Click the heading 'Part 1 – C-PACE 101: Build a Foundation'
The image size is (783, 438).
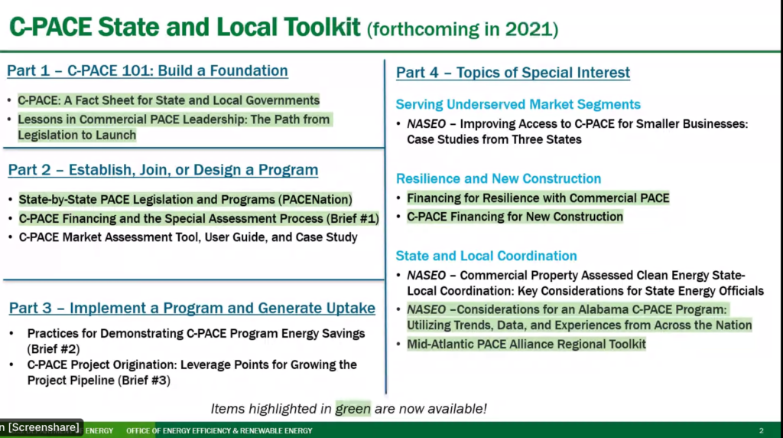(148, 70)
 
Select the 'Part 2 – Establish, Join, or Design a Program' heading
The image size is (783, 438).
(163, 170)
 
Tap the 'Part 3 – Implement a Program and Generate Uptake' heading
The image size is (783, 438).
(192, 308)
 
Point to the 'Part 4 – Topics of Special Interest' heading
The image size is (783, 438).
(513, 73)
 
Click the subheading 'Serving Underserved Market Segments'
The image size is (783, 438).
(518, 104)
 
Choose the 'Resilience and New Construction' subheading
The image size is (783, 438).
(499, 178)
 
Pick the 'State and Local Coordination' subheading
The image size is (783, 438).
(486, 256)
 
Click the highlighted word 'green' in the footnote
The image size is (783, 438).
(353, 408)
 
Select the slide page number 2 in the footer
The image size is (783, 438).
(761, 430)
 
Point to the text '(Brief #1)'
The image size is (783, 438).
(353, 218)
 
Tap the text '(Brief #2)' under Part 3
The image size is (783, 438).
(54, 349)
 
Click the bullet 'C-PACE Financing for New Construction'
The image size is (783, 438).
(515, 217)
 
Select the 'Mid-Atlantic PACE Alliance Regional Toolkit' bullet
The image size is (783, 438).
(526, 344)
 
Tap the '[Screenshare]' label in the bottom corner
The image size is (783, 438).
(44, 427)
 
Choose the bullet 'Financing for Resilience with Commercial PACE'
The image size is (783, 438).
(538, 198)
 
